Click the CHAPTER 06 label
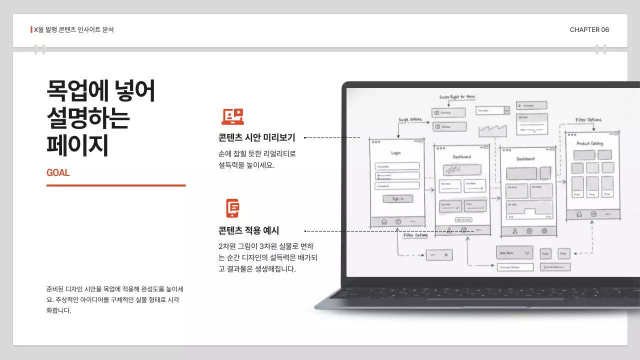pos(589,30)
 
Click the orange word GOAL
pos(58,173)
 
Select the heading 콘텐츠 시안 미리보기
pos(257,137)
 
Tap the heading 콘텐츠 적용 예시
pos(248,230)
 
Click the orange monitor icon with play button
pos(232,116)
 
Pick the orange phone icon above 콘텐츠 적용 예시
pos(232,208)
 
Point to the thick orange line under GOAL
pos(116,185)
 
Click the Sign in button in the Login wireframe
pos(397,198)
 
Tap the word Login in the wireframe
pos(395,153)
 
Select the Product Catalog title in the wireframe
pos(590,143)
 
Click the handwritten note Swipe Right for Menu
pos(457,97)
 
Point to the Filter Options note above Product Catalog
pos(588,120)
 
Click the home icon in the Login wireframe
pos(384,221)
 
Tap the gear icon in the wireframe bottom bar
pos(544,231)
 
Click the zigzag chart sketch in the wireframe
pos(492,130)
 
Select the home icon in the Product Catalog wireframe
pos(579,214)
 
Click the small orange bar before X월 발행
pos(31,29)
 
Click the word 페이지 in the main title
pos(77,145)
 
